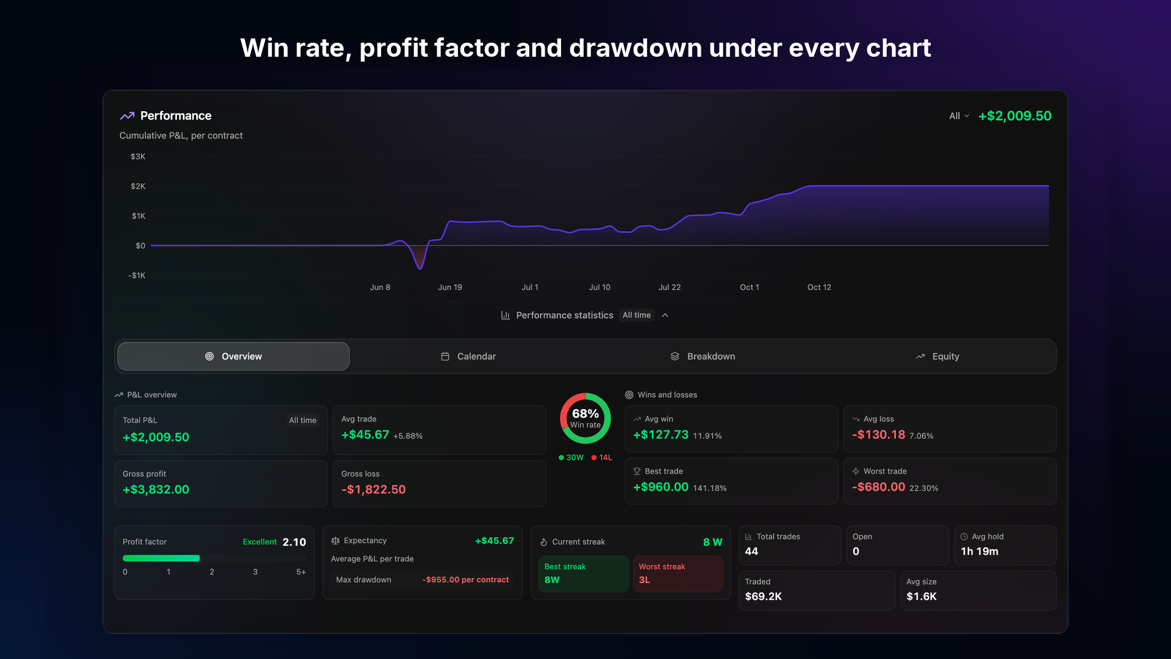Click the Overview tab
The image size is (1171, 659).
pos(234,356)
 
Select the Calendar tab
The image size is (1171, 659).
pos(468,356)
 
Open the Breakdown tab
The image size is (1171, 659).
pos(703,356)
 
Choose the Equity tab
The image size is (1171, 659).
pos(937,356)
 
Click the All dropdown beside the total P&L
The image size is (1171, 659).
pos(959,116)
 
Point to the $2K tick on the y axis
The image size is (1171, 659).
pos(138,186)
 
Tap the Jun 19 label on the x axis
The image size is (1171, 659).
pos(450,287)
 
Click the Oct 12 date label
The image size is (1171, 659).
pos(819,287)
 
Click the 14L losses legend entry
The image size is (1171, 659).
pos(602,458)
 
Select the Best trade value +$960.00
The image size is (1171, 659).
pos(661,487)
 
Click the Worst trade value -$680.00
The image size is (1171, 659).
pos(878,487)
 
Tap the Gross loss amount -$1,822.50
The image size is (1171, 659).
pos(373,489)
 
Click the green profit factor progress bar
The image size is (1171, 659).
pos(161,558)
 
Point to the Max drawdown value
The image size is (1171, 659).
pos(465,580)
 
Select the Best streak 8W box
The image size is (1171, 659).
pos(583,574)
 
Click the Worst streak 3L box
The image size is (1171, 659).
pos(678,574)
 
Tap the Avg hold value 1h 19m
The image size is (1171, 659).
pos(979,552)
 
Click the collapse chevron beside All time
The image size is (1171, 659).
pos(665,315)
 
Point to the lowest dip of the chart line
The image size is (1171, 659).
pos(420,268)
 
